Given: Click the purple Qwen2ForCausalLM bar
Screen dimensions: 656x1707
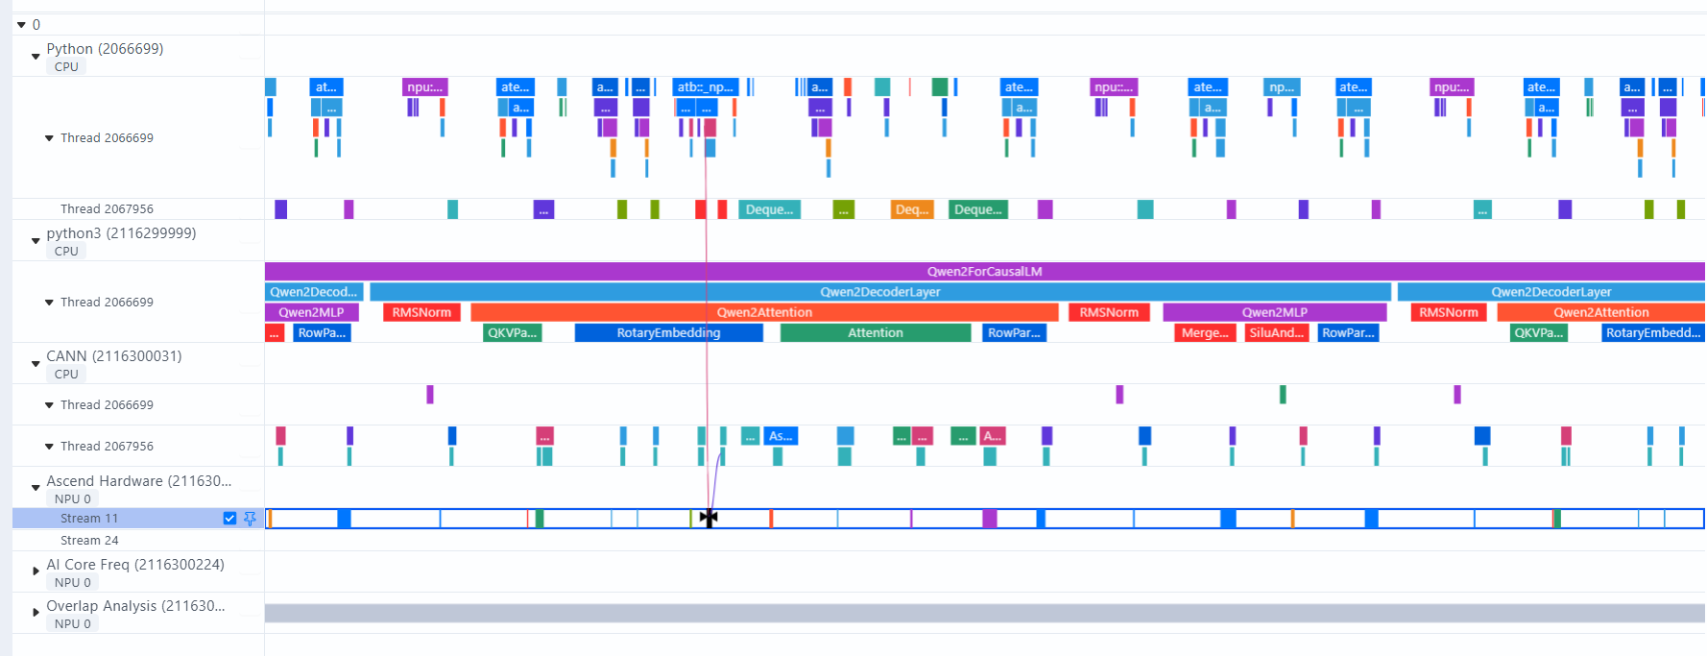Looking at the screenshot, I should pyautogui.click(x=984, y=272).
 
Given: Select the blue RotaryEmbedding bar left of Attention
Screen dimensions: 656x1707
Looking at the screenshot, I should pyautogui.click(x=668, y=333).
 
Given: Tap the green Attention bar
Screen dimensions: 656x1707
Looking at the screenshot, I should pyautogui.click(x=875, y=333).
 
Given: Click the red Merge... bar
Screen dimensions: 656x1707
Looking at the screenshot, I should pyautogui.click(x=1204, y=333).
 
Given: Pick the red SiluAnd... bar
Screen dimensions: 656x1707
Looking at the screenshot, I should pyautogui.click(x=1276, y=333).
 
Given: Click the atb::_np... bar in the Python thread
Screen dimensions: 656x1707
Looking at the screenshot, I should pyautogui.click(x=705, y=87).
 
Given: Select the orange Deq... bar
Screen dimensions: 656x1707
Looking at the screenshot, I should pyautogui.click(x=911, y=209).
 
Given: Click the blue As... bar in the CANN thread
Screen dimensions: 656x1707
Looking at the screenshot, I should pyautogui.click(x=781, y=436).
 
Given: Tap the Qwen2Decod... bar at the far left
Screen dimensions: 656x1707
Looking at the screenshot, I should pyautogui.click(x=313, y=292).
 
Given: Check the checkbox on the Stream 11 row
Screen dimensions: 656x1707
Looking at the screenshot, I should pyautogui.click(x=229, y=519).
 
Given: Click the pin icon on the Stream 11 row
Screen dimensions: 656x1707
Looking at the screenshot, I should pyautogui.click(x=250, y=519).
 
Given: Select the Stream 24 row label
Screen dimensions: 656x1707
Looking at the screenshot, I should pyautogui.click(x=89, y=541).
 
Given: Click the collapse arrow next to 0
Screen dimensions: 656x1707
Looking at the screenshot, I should pyautogui.click(x=21, y=25).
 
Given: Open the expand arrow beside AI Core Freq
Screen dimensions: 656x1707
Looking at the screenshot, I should pyautogui.click(x=36, y=571).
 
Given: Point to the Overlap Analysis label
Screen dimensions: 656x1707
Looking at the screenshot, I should pyautogui.click(x=135, y=606).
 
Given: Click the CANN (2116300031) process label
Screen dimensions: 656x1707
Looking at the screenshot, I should pyautogui.click(x=113, y=356).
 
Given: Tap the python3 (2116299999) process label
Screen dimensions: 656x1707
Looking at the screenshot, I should pyautogui.click(x=121, y=233).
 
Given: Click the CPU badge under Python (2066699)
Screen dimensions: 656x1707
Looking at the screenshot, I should pyautogui.click(x=66, y=67).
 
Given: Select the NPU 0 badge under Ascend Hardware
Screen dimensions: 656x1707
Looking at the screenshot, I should pyautogui.click(x=73, y=499).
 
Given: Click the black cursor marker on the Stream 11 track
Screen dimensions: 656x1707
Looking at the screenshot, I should pyautogui.click(x=709, y=519).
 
